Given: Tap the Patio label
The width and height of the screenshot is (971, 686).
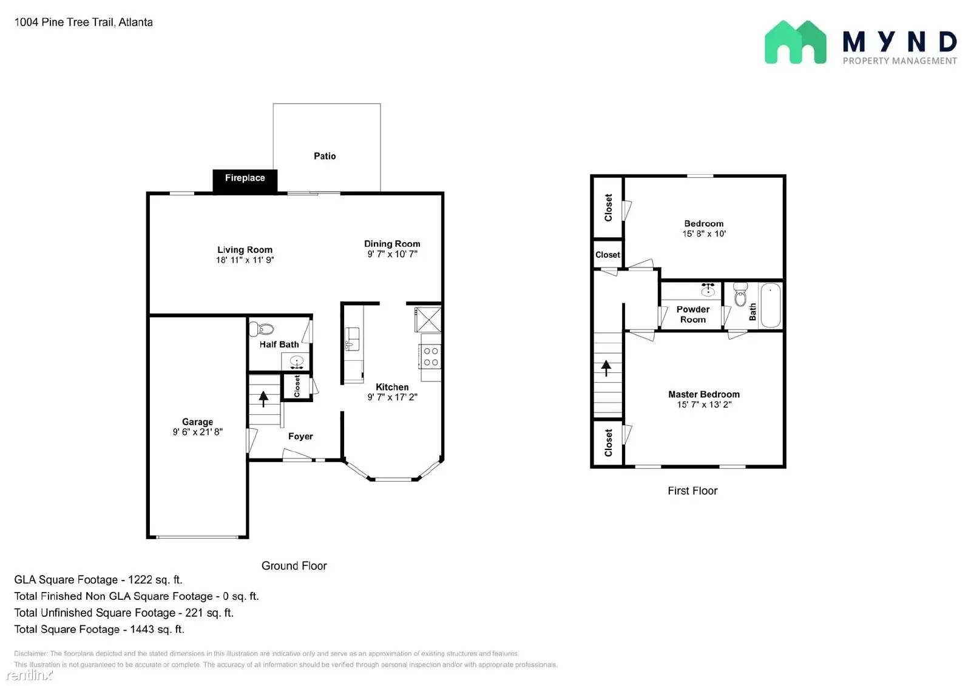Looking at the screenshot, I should click(325, 156).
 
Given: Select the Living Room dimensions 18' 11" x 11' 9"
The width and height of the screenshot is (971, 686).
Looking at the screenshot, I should click(245, 260).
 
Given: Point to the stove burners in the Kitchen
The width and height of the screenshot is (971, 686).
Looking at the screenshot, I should click(431, 357).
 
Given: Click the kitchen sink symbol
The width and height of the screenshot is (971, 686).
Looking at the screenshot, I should click(352, 338).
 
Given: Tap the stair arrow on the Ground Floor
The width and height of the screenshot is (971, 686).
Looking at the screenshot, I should click(263, 398).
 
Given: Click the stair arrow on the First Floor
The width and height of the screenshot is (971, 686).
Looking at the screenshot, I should click(606, 367).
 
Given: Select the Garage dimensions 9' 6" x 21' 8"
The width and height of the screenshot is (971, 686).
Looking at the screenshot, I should click(197, 432).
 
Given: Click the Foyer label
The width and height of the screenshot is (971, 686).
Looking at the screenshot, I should click(300, 436).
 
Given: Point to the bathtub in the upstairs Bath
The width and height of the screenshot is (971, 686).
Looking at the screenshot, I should click(771, 305).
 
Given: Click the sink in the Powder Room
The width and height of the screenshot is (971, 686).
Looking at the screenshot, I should click(708, 289).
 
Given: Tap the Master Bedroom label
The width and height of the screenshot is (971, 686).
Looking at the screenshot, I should click(704, 394).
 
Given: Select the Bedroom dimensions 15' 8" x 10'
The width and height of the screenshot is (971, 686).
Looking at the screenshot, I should click(704, 234).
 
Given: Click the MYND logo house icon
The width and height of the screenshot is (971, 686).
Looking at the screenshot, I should click(795, 42).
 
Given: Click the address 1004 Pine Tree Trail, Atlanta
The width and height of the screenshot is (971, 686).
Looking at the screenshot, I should click(84, 22).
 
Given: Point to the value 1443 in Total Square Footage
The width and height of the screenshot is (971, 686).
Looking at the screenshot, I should click(141, 629).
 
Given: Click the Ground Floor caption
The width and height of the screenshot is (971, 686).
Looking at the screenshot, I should click(294, 565).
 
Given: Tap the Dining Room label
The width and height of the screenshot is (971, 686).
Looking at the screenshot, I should click(392, 244).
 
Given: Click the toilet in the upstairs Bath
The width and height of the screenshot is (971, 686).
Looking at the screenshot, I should click(740, 295).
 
